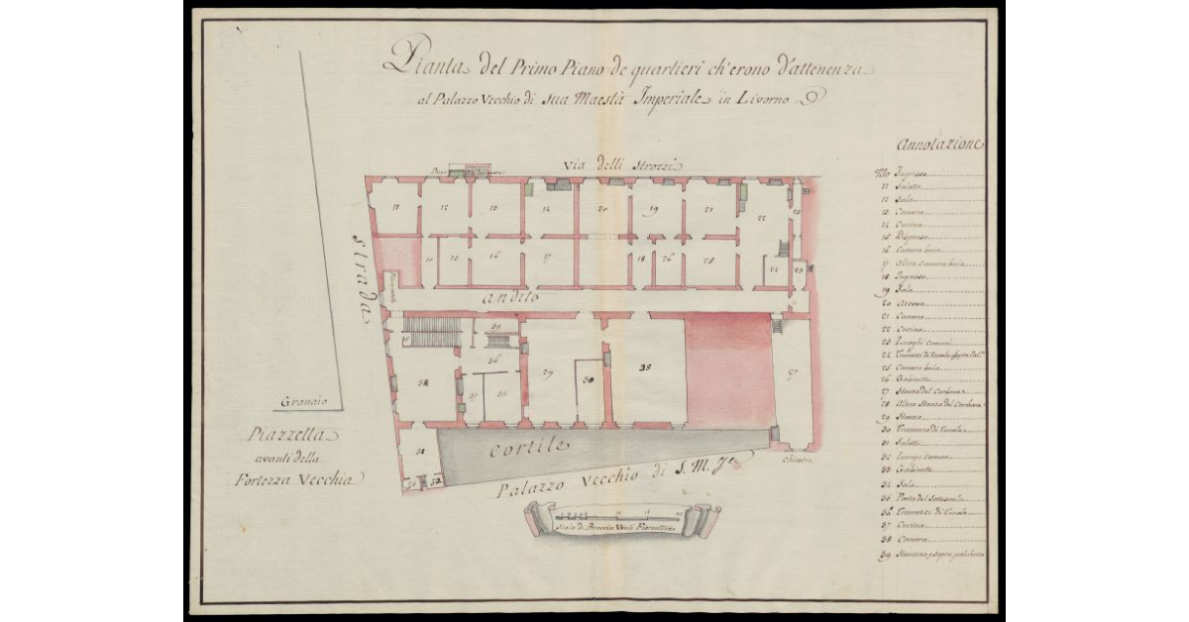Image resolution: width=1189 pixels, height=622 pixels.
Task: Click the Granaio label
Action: pos(304,402)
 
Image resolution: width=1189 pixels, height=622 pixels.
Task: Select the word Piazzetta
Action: pos(294,435)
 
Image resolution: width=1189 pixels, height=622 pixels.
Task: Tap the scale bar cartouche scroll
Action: pos(621,518)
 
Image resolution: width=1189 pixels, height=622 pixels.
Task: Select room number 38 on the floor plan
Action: pos(645,366)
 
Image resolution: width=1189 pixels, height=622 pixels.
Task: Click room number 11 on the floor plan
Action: pos(395,207)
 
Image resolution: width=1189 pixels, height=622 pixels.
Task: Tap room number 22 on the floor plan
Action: pos(763,218)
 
